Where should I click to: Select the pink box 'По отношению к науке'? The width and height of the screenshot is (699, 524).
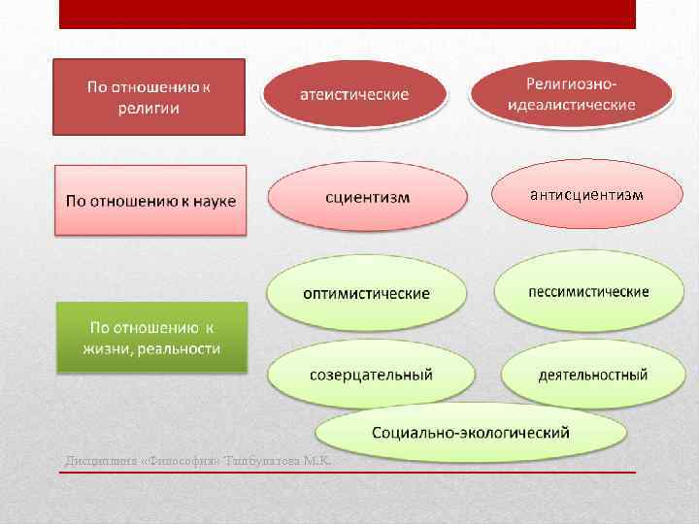150,200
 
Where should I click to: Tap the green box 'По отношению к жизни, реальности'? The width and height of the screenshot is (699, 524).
150,337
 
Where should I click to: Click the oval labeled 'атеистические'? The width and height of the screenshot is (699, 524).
352,95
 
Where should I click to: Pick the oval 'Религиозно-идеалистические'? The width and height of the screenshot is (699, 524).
571,94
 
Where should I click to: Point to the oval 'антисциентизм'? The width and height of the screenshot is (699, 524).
586,194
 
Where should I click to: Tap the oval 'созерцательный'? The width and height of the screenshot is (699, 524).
371,375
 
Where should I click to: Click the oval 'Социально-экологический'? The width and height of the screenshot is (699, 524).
471,433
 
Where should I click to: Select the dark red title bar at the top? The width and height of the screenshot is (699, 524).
347,14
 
